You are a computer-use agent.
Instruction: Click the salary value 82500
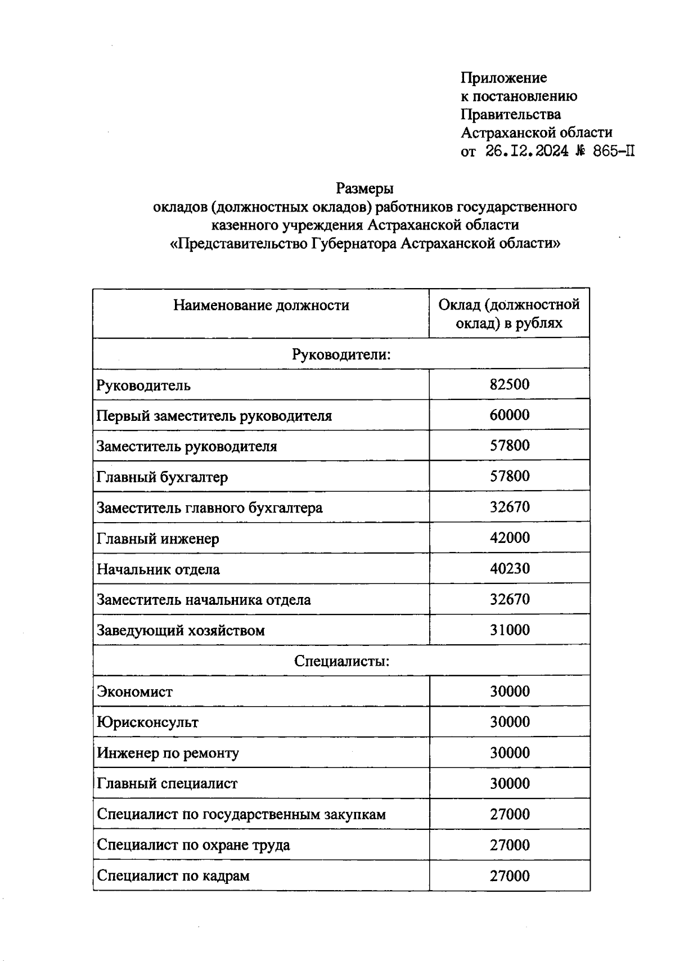[509, 385]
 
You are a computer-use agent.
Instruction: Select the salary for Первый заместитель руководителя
[509, 415]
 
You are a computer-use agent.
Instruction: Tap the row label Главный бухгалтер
[162, 477]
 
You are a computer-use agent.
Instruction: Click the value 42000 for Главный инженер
[509, 538]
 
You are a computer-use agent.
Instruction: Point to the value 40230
[509, 568]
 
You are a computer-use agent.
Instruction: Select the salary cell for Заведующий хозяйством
[509, 630]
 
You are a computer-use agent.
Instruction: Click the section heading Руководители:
[341, 354]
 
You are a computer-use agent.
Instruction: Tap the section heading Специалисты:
[341, 661]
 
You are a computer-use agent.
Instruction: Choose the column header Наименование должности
[261, 306]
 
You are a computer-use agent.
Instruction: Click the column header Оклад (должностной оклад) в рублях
[509, 314]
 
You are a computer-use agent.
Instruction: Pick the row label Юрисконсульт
[147, 722]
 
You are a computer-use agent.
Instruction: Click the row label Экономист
[134, 691]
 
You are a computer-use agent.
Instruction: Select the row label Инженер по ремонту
[168, 753]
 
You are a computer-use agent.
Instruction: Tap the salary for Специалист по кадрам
[509, 875]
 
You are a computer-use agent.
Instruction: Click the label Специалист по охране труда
[193, 845]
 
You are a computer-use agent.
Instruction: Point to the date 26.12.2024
[526, 151]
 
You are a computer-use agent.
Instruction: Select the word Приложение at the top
[503, 78]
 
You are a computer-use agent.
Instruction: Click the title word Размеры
[364, 188]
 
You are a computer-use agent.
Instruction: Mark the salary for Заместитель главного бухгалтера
[509, 507]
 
